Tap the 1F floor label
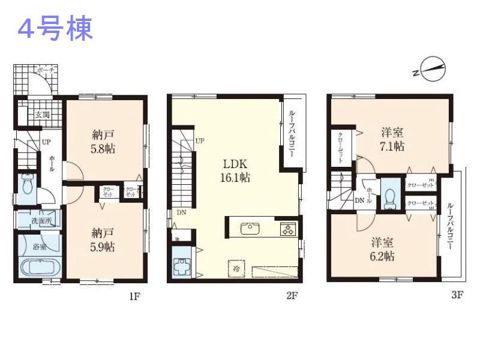click(133, 295)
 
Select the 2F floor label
click(292, 295)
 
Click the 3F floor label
click(457, 295)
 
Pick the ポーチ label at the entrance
click(45, 71)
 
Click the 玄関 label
click(42, 115)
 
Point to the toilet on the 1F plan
click(27, 186)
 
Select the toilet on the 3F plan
click(391, 196)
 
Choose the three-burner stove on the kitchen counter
click(287, 229)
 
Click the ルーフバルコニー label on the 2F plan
click(292, 133)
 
